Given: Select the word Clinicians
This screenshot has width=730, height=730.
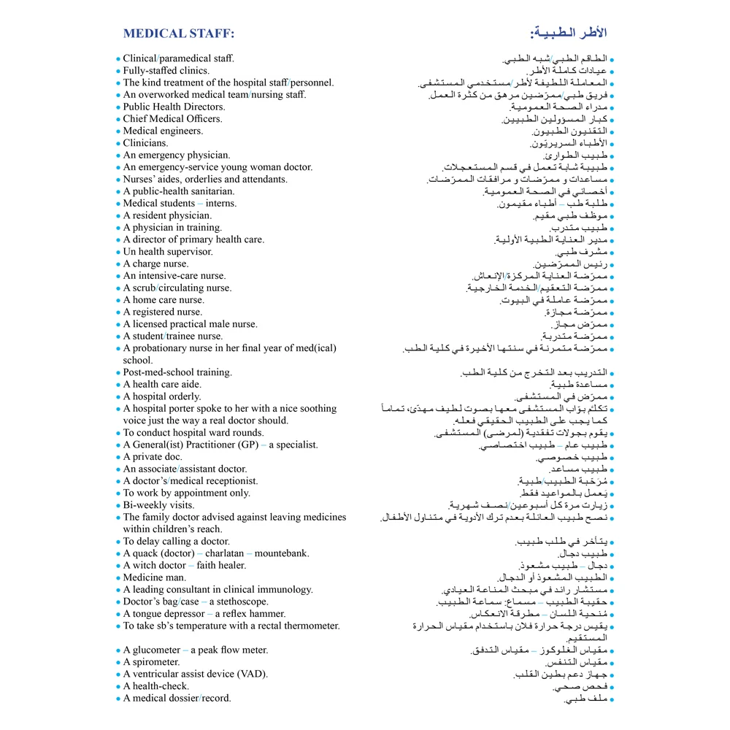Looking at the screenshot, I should click(145, 143).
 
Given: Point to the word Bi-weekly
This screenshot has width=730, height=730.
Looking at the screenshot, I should click(147, 505).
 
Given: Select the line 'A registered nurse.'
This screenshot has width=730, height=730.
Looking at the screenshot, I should click(162, 312).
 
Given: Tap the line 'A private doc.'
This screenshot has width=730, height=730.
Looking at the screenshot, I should click(153, 457).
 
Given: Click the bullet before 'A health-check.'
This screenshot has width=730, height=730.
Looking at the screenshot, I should click(118, 687).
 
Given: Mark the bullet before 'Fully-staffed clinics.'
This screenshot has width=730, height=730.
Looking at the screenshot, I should click(118, 72).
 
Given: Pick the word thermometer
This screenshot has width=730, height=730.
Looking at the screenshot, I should click(310, 626).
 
